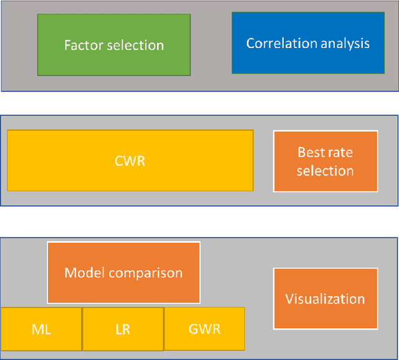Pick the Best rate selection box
(x=325, y=161)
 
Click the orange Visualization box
(x=325, y=298)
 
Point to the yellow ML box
(x=41, y=329)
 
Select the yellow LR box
(x=123, y=329)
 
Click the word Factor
(x=83, y=45)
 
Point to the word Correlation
(x=277, y=44)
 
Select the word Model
(x=82, y=273)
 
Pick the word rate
(x=340, y=153)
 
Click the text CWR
(x=130, y=161)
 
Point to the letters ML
(x=41, y=329)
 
